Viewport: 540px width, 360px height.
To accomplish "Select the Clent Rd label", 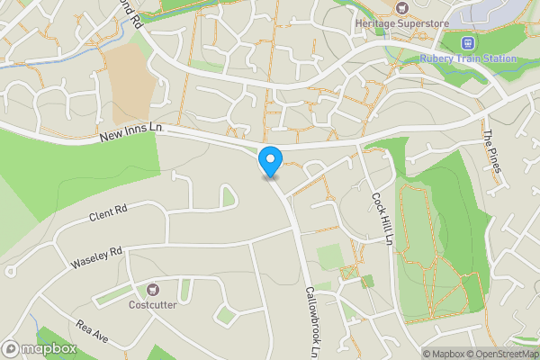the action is pyautogui.click(x=108, y=213).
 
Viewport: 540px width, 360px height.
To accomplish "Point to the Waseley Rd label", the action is pyautogui.click(x=96, y=258).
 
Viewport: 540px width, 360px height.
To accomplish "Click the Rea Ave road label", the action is pyautogui.click(x=92, y=331).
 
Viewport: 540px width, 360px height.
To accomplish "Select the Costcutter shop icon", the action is pyautogui.click(x=153, y=290).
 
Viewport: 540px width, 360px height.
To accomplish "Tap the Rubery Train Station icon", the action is pyautogui.click(x=467, y=42).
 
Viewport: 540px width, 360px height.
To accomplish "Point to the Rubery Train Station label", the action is pyautogui.click(x=468, y=59).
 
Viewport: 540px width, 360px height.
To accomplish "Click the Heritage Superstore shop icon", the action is pyautogui.click(x=404, y=6).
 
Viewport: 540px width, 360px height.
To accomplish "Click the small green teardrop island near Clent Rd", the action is pyautogui.click(x=229, y=195).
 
